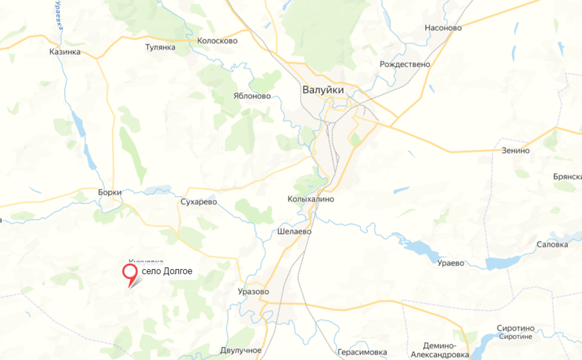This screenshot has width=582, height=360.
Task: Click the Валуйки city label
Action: tap(323, 90)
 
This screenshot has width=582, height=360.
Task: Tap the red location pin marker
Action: tap(130, 273)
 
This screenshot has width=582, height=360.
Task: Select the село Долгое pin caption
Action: tap(167, 271)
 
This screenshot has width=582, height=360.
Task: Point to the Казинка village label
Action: tap(65, 52)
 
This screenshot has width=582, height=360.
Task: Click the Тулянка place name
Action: tap(160, 47)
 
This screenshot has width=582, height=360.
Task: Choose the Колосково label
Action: tap(217, 41)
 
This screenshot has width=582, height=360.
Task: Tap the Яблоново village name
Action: tap(252, 96)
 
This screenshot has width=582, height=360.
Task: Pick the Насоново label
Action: tap(443, 28)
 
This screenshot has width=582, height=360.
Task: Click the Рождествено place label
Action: tap(404, 65)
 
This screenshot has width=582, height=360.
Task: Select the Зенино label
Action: tap(515, 150)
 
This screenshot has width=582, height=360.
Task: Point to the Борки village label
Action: tap(109, 192)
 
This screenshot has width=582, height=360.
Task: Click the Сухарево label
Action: tap(199, 202)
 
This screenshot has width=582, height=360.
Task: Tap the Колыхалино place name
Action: tap(311, 199)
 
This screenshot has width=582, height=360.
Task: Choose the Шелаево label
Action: tap(294, 231)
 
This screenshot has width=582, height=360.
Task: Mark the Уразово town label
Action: tap(253, 291)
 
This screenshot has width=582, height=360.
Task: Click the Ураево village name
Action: tap(451, 263)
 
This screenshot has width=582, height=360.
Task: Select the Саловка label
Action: tap(552, 245)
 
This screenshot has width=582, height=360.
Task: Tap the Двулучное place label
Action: tap(241, 350)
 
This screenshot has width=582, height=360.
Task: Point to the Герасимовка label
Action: tap(362, 352)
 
